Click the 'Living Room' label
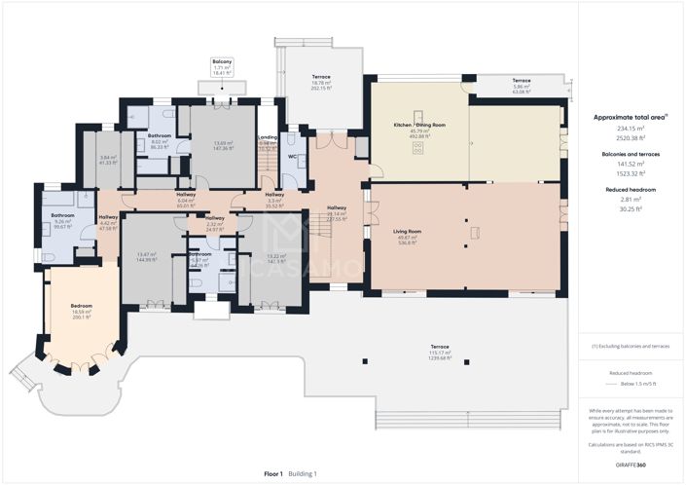(406, 231)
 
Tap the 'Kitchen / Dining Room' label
(419, 126)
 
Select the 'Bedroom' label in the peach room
(82, 306)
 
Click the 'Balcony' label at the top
(222, 61)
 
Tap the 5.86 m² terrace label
(523, 86)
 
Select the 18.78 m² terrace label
(321, 83)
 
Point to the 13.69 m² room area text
(225, 143)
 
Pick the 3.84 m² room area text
(107, 157)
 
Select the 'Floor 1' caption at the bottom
(273, 473)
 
